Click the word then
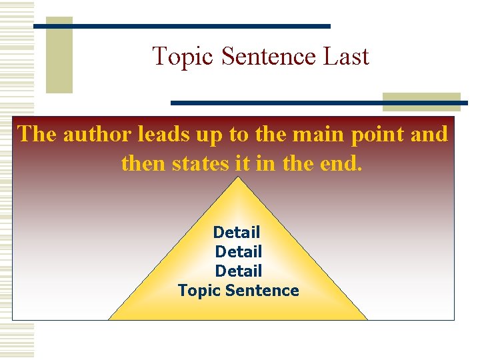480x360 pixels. click(x=141, y=163)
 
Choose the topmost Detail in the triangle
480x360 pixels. click(x=237, y=233)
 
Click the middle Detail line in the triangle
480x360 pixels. click(x=239, y=252)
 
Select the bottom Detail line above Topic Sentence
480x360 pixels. click(x=239, y=271)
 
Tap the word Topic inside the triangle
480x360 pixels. click(x=199, y=291)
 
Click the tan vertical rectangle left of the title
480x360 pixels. click(x=59, y=55)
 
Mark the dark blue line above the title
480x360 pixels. click(x=182, y=26)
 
